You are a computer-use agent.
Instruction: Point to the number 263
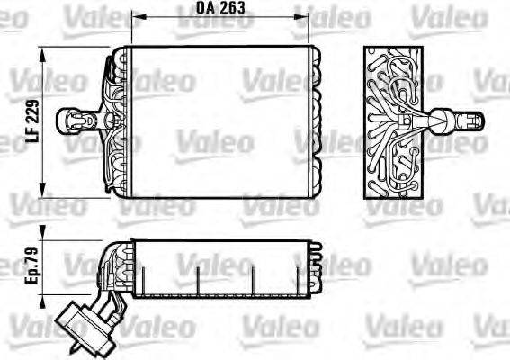(235, 8)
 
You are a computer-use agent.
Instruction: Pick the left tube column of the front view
(114, 121)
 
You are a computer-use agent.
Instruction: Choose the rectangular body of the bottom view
(225, 267)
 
